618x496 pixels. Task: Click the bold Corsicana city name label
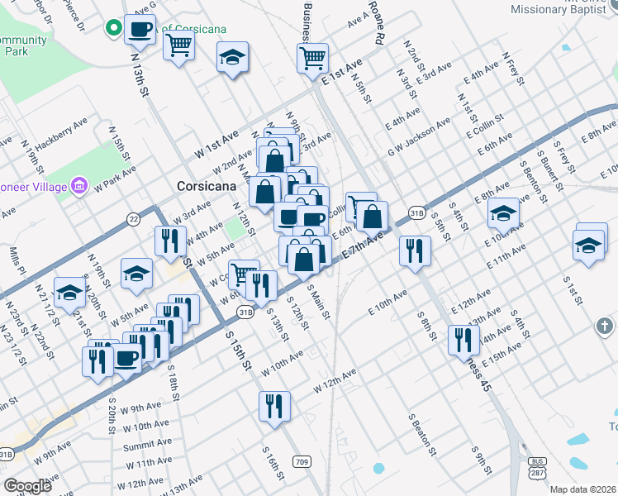(209, 187)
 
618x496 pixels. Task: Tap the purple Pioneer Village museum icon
(80, 184)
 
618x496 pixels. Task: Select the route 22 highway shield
(134, 218)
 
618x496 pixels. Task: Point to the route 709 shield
(302, 461)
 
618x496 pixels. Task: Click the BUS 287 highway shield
(539, 465)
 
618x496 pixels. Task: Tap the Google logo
(27, 486)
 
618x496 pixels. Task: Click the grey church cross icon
(605, 327)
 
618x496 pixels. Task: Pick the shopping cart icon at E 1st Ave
(313, 58)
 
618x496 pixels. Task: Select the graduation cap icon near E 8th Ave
(502, 213)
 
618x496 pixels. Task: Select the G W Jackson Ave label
(420, 138)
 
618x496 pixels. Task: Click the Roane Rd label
(377, 22)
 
